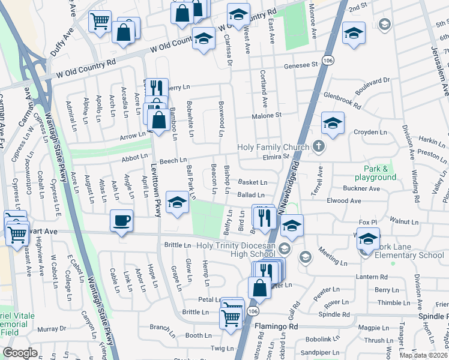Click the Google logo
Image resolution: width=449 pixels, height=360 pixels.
click(20, 353)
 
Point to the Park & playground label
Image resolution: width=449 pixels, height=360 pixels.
click(379, 173)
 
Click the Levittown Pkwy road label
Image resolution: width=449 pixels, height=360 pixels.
click(155, 190)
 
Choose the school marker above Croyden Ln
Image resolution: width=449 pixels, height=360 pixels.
click(333, 122)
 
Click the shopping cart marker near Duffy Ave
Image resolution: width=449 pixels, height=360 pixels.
click(100, 21)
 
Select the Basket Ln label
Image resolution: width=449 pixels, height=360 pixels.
click(252, 182)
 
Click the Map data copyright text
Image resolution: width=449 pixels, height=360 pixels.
click(424, 355)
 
